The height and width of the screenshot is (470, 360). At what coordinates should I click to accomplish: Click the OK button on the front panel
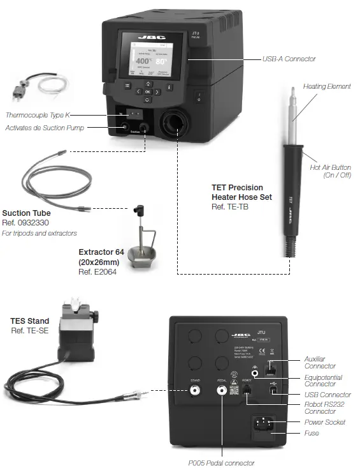[x=147, y=93]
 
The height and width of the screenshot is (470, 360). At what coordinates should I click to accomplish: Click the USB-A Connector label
[x=289, y=59]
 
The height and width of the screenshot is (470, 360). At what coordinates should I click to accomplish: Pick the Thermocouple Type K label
[x=36, y=115]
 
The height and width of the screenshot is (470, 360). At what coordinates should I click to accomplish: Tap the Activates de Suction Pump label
[x=45, y=128]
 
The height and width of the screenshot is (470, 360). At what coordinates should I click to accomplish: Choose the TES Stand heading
[x=31, y=321]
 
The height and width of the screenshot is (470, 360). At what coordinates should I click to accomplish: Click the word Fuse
[x=312, y=434]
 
